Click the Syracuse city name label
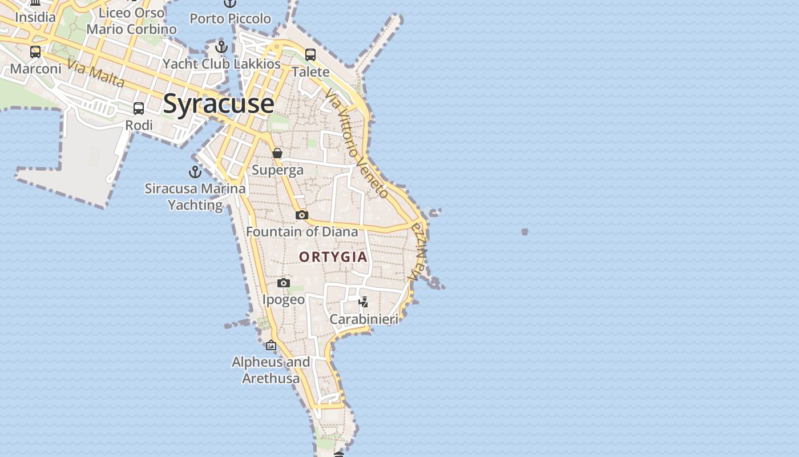pos(219,103)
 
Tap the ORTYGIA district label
pos(333,257)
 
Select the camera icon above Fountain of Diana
pos(302,215)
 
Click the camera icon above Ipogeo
pos(284,283)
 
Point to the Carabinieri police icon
pos(364,302)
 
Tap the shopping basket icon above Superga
pos(277,153)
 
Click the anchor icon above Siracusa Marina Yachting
pos(195,171)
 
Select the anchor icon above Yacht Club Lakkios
pos(221,47)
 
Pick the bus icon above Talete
pos(310,55)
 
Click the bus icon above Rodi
pos(139,109)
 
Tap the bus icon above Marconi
pos(35,52)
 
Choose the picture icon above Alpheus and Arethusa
pos(271,345)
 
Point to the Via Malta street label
pos(95,73)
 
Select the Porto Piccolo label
pos(230,19)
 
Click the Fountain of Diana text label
pos(302,231)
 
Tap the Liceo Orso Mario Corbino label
pos(132,21)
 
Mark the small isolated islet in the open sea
pos(524,231)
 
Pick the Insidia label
pos(35,17)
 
